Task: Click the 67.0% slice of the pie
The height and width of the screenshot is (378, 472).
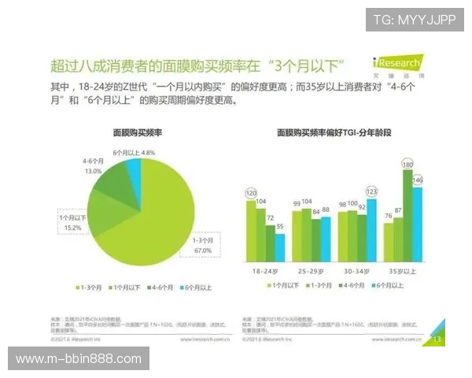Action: click(161, 220)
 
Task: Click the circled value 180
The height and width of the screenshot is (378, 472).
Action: click(407, 164)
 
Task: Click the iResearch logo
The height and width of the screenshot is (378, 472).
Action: click(396, 64)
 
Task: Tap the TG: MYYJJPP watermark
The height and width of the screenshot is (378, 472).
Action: click(414, 19)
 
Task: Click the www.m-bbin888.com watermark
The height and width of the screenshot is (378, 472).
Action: click(78, 359)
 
